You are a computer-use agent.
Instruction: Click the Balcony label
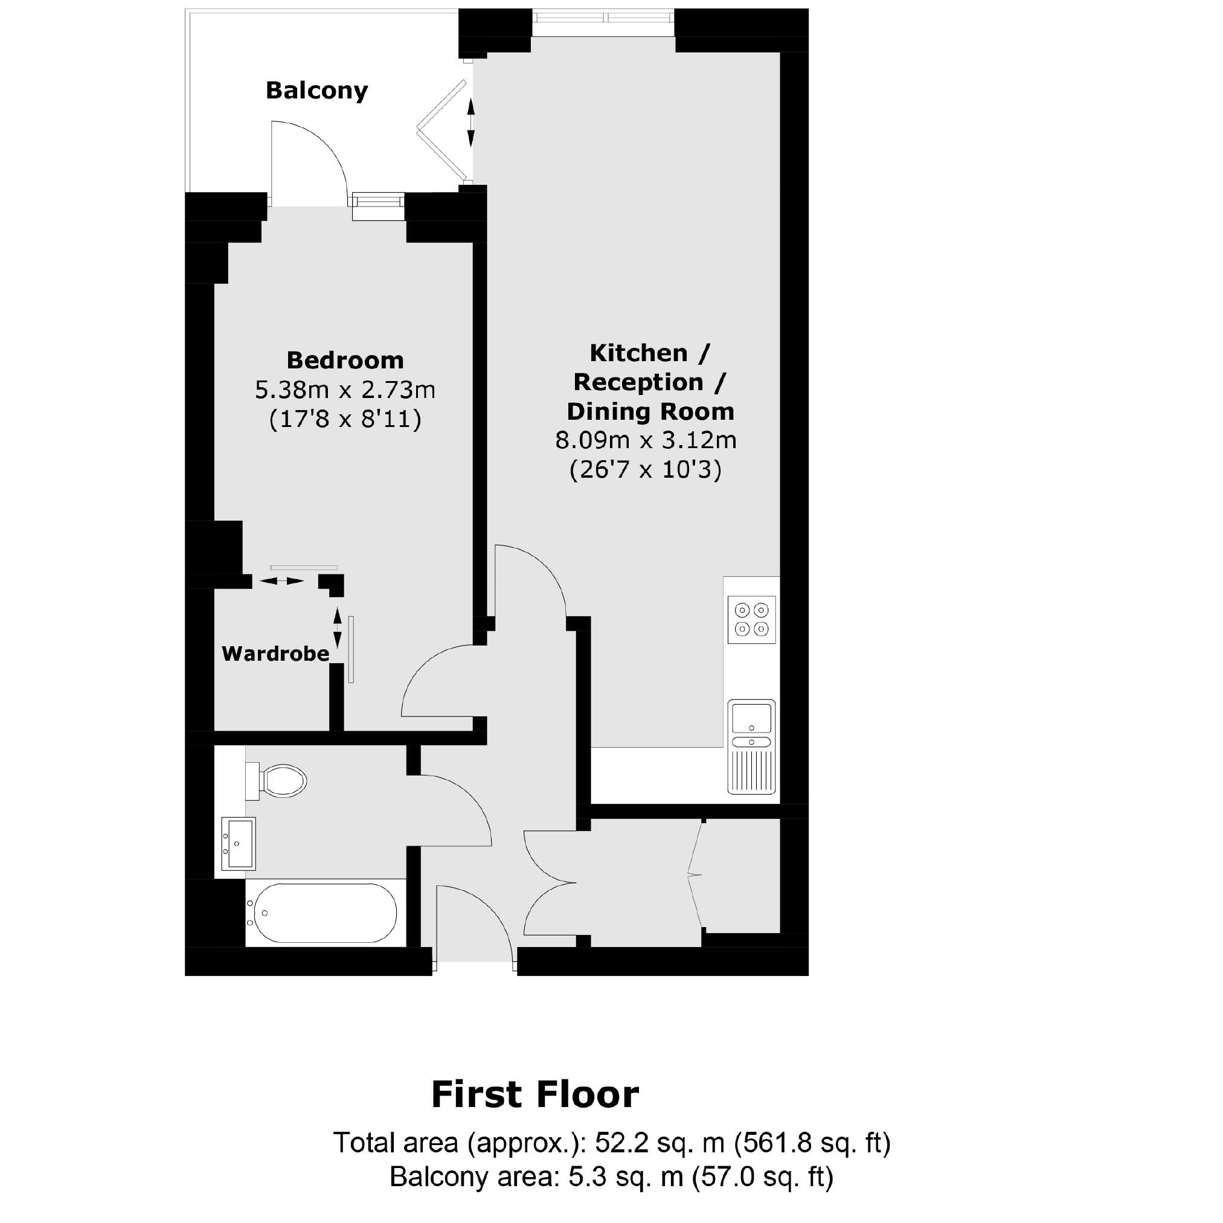pos(316,91)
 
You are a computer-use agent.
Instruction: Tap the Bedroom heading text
pos(345,360)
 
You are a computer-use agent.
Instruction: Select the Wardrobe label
pos(275,653)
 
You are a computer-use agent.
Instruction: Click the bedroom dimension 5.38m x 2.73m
pos(345,390)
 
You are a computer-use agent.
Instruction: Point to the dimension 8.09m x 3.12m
pos(646,440)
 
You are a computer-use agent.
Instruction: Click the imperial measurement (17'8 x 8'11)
pos(345,419)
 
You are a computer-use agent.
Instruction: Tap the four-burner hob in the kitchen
pos(751,620)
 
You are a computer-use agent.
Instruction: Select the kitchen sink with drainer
pos(751,747)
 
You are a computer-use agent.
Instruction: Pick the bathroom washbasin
pos(238,844)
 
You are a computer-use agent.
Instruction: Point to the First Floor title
pos(535,1094)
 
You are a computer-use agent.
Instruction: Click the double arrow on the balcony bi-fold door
pos(471,122)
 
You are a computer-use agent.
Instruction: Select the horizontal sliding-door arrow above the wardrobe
pos(281,580)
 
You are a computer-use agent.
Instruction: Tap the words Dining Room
pos(650,411)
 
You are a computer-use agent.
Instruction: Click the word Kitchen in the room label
pos(638,353)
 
